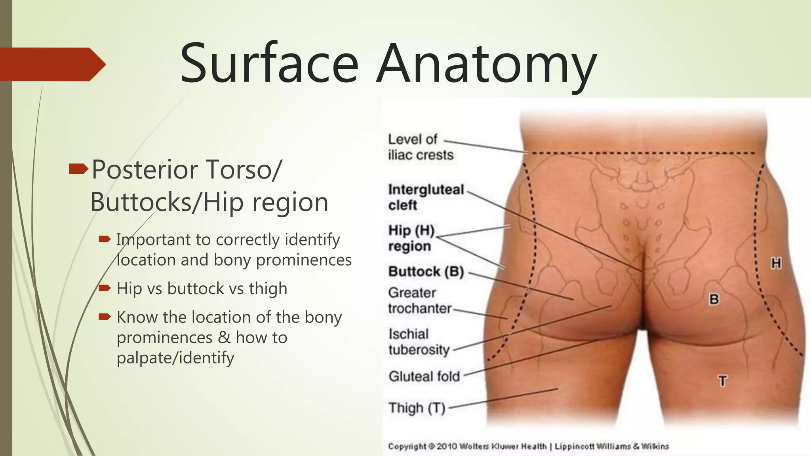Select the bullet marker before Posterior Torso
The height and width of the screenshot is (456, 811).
pos(78,169)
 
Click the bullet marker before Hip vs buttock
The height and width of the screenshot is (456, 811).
pos(105,288)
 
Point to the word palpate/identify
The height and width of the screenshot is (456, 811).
pos(175,358)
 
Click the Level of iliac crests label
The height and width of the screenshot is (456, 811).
pos(420,147)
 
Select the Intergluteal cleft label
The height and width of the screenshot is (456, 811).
pos(425,197)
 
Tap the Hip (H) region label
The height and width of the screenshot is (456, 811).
pos(411,238)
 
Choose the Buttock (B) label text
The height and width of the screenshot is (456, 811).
pos(426,272)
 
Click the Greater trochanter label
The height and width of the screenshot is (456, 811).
pos(419,300)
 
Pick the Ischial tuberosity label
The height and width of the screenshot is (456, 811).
pos(419,342)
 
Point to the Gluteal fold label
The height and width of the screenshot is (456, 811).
pos(424,376)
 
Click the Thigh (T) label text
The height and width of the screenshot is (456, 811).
pos(417,408)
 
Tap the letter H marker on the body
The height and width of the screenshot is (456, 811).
pos(775,263)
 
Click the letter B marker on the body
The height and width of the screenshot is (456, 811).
pos(714,299)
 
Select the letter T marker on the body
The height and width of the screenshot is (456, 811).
pos(723,381)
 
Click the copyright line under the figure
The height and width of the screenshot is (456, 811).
pos(528,446)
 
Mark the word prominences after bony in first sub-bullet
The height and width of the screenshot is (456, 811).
pos(304,260)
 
